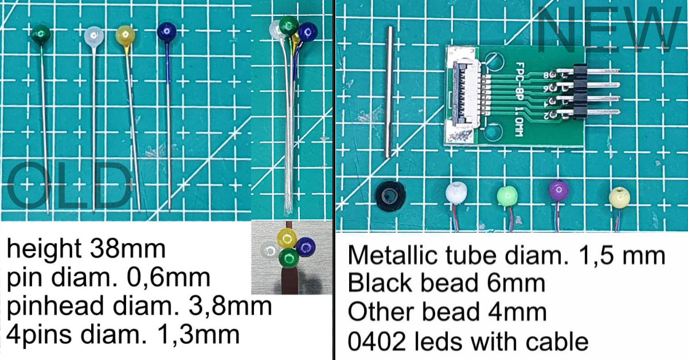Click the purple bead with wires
click(x=558, y=190)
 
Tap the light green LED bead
click(x=507, y=194)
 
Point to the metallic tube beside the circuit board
click(x=389, y=92)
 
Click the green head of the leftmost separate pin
click(x=41, y=34)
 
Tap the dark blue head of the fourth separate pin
click(x=167, y=32)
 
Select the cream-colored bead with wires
click(x=619, y=197)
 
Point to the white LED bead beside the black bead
click(x=458, y=193)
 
